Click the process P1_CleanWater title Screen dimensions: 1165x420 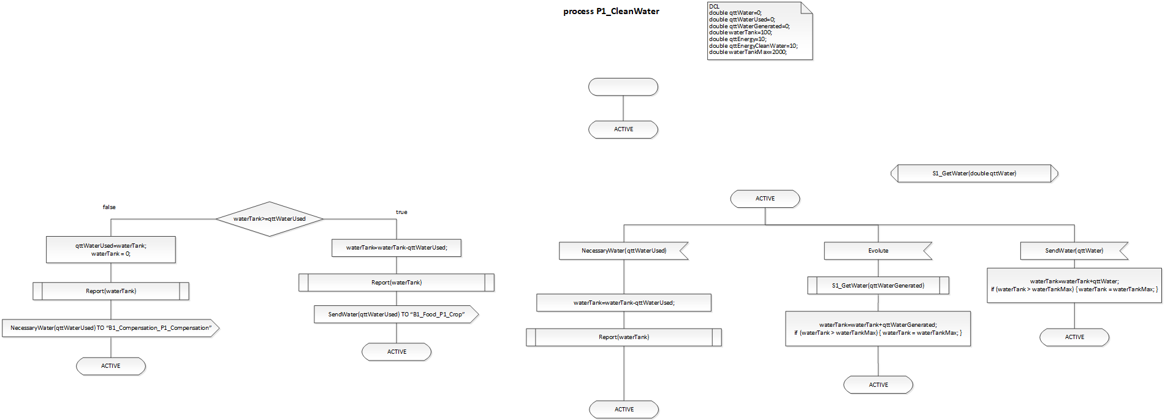coord(611,11)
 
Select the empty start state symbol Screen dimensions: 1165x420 coord(623,87)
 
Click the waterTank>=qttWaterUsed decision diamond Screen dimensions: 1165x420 coord(270,219)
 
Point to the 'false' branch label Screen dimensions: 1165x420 coord(109,207)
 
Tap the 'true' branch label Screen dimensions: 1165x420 coord(401,212)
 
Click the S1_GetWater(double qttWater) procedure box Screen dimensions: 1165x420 coord(974,174)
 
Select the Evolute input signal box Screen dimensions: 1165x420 coord(878,251)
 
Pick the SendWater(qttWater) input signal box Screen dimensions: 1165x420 coord(1074,251)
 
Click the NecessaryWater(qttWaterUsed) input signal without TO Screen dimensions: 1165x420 coord(624,251)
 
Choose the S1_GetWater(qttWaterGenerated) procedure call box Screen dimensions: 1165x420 coord(878,286)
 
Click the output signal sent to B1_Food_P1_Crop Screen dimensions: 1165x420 coord(397,315)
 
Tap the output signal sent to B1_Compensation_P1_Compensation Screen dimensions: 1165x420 coord(111,328)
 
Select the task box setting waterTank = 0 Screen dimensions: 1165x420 coord(111,250)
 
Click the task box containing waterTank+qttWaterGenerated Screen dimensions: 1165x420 coord(878,329)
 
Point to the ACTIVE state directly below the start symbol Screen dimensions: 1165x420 coord(623,129)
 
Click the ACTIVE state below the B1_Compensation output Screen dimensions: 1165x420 coord(111,366)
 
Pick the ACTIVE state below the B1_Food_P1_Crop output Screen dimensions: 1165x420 coord(397,352)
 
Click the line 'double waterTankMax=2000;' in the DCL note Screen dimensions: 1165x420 coord(748,52)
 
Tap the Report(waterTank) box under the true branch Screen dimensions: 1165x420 coord(397,283)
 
